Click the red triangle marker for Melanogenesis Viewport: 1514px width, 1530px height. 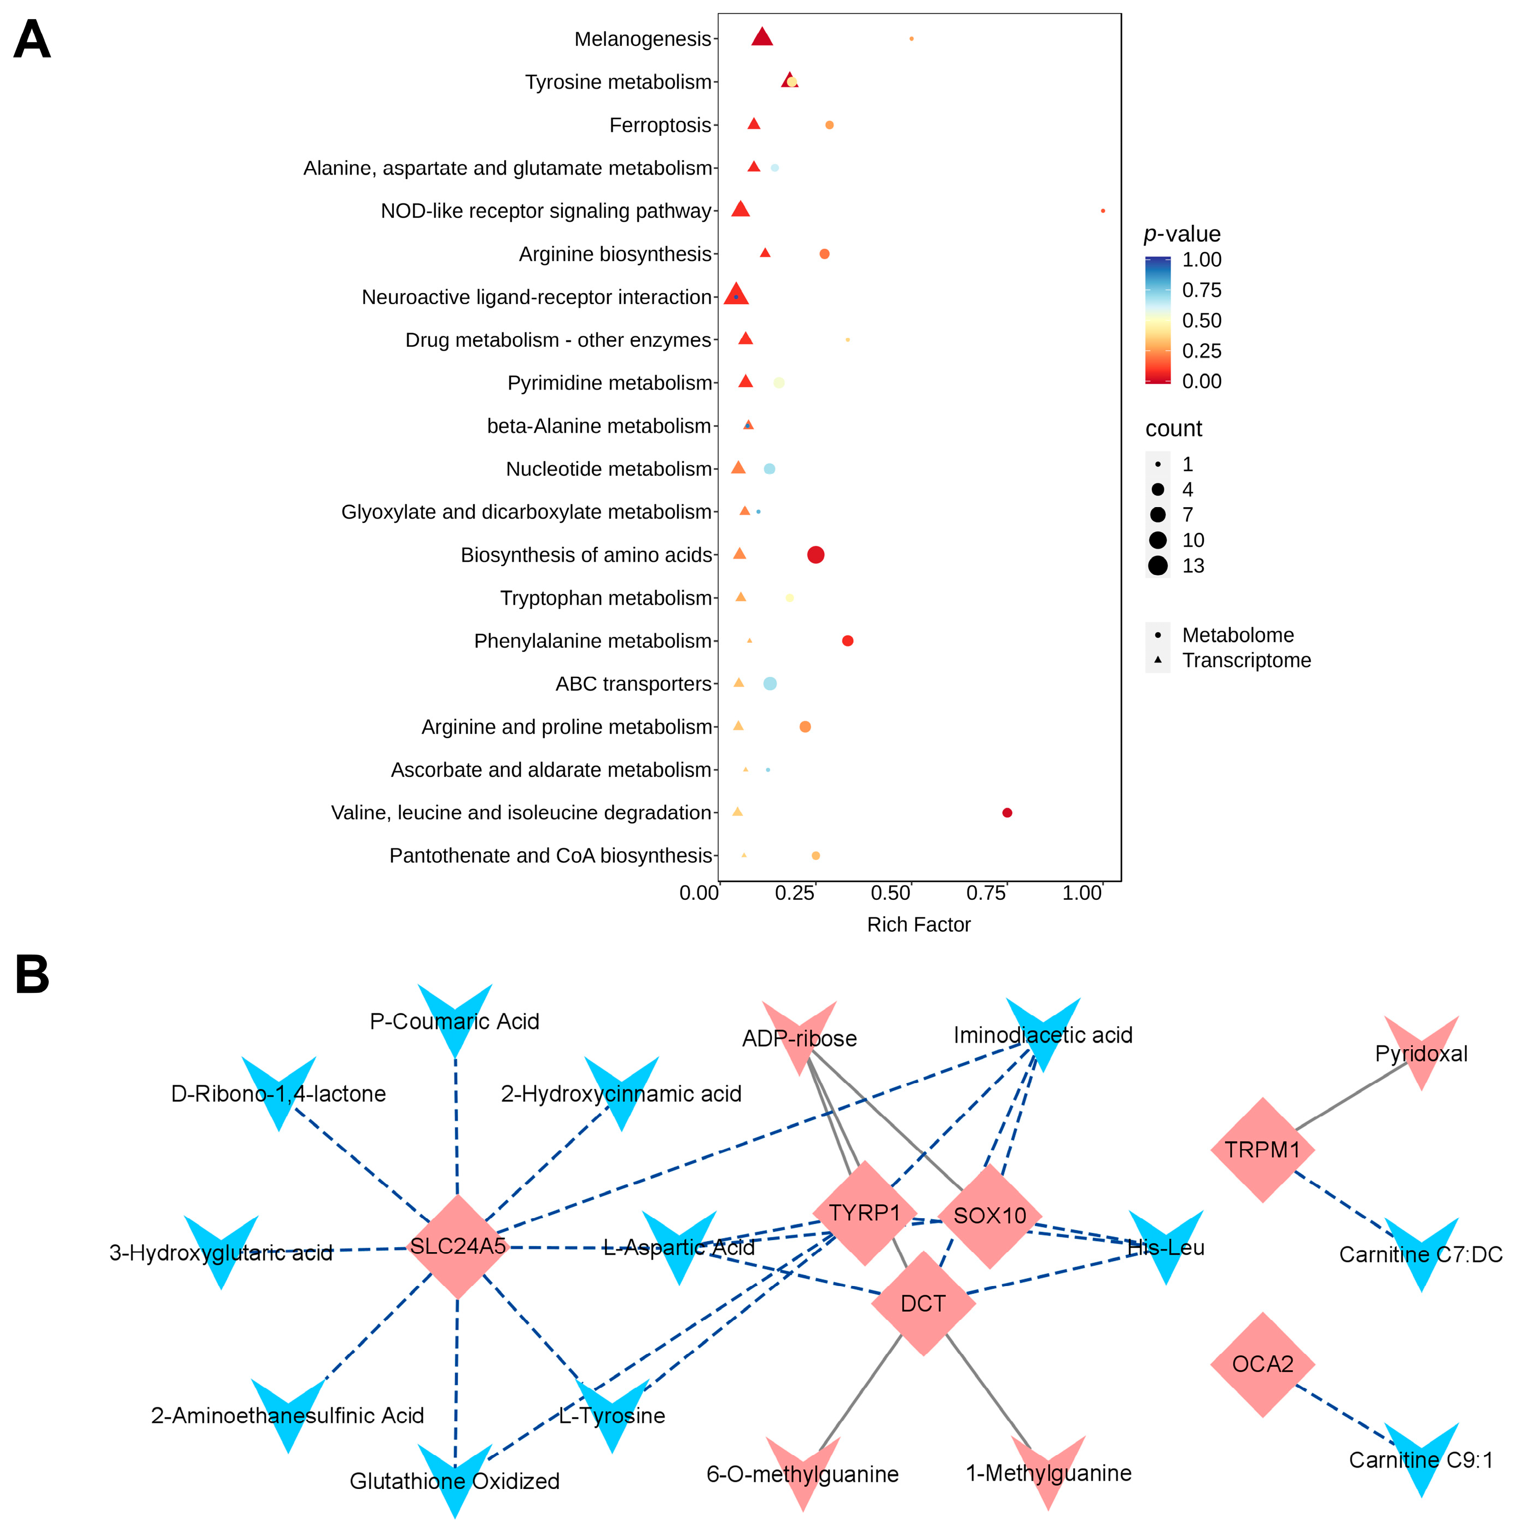[x=762, y=37]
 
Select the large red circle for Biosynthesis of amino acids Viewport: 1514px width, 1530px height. [x=816, y=555]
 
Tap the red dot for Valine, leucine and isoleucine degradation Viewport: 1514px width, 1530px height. [x=1007, y=812]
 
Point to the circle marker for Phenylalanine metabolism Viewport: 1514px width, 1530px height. [x=847, y=641]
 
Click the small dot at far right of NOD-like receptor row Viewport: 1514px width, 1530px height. [x=1103, y=211]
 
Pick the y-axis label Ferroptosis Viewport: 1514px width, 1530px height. [x=660, y=125]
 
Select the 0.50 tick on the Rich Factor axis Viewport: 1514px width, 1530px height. [x=891, y=893]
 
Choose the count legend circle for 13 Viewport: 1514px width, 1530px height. [x=1158, y=566]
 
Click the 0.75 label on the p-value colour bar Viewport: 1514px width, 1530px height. [x=1201, y=290]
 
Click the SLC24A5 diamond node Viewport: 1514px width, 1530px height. [x=458, y=1247]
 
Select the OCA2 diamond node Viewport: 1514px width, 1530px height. [x=1262, y=1364]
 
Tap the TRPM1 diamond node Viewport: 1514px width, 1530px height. [x=1262, y=1150]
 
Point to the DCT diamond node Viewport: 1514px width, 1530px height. [x=923, y=1304]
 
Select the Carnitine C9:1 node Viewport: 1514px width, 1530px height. [x=1422, y=1459]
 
